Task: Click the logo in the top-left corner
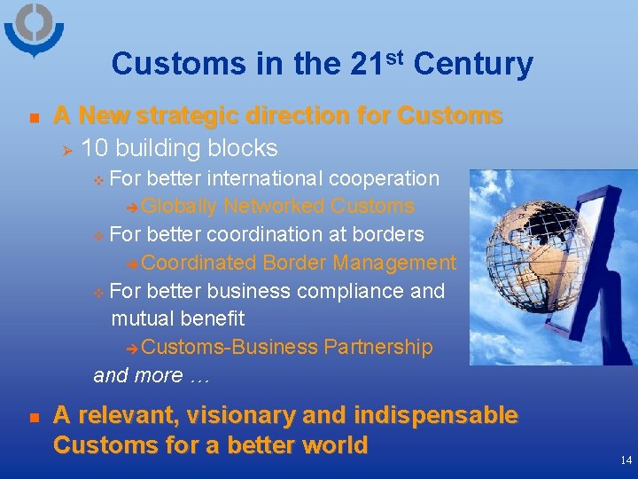point(34,29)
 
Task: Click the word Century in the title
point(473,65)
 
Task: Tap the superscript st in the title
point(395,57)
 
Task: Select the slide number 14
point(626,460)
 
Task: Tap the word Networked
point(274,207)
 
